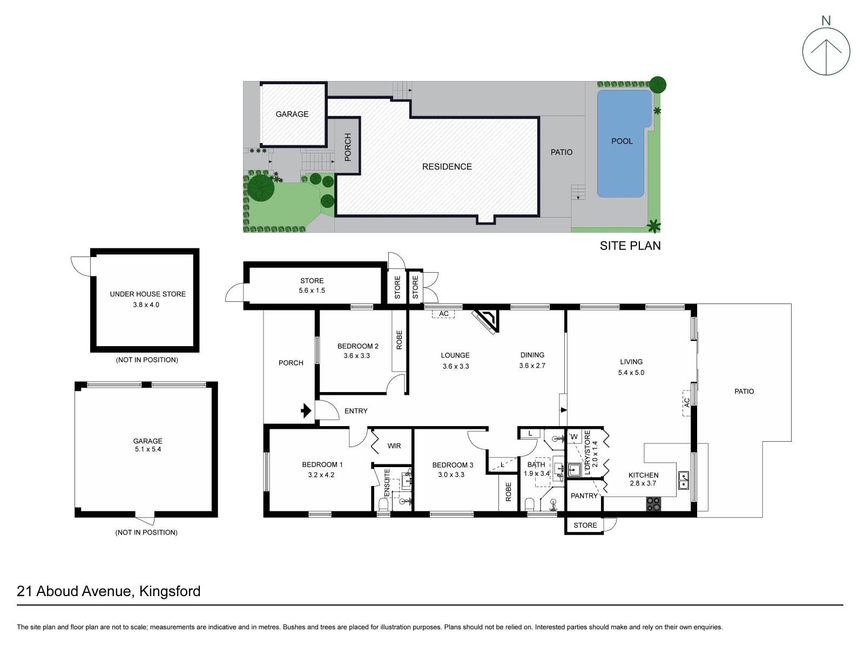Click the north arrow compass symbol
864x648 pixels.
826,51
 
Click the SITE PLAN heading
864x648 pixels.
630,246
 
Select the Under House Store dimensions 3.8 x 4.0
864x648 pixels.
146,305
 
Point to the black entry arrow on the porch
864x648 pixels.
306,411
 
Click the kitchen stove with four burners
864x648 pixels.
653,504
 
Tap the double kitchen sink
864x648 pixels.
683,480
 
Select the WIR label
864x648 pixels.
394,446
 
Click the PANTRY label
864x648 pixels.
584,496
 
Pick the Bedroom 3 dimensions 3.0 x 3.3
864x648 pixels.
451,475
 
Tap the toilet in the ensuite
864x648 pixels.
383,504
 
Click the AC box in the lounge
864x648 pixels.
443,314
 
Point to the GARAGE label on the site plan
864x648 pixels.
292,114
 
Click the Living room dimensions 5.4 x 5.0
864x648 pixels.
631,372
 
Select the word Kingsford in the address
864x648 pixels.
170,591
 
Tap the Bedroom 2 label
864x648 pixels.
358,346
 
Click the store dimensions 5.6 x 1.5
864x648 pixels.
312,291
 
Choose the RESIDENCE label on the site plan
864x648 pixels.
447,167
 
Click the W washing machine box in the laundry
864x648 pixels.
575,436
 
